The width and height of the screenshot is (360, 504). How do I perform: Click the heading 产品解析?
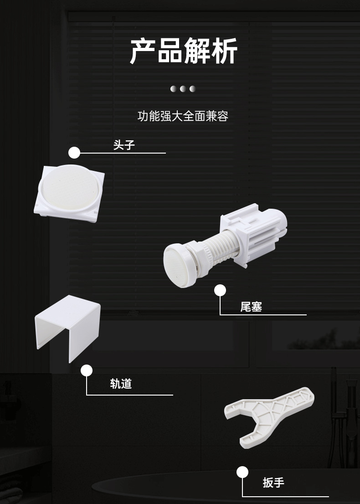(x=184, y=51)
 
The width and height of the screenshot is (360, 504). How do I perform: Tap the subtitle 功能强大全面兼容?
(x=183, y=116)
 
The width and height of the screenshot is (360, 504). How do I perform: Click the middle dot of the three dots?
(x=183, y=89)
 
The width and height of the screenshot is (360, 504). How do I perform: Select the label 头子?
(x=124, y=145)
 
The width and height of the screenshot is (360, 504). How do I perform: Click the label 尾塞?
(x=251, y=307)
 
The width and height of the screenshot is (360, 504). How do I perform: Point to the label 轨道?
(x=121, y=384)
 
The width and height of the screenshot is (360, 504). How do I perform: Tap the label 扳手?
(x=273, y=483)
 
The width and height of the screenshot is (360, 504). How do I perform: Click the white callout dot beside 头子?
(x=74, y=153)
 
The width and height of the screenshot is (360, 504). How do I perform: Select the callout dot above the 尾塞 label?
(x=220, y=291)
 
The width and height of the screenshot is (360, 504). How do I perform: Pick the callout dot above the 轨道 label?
(x=87, y=370)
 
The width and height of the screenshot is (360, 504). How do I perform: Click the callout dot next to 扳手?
(x=242, y=472)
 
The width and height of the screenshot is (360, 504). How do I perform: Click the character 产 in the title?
(x=143, y=51)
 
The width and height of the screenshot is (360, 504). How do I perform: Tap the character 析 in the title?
(x=224, y=51)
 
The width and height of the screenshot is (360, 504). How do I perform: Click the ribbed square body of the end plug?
(x=254, y=231)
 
